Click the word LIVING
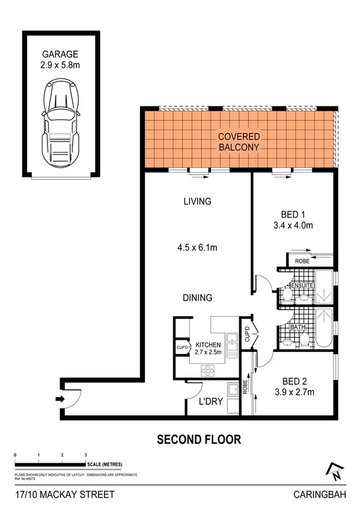pos(197,202)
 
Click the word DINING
pos(197,297)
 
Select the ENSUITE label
pos(302,284)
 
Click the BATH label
pos(296,328)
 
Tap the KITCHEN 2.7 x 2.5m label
pos(208,348)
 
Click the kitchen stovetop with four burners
pos(207,370)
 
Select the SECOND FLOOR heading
pos(198,440)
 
